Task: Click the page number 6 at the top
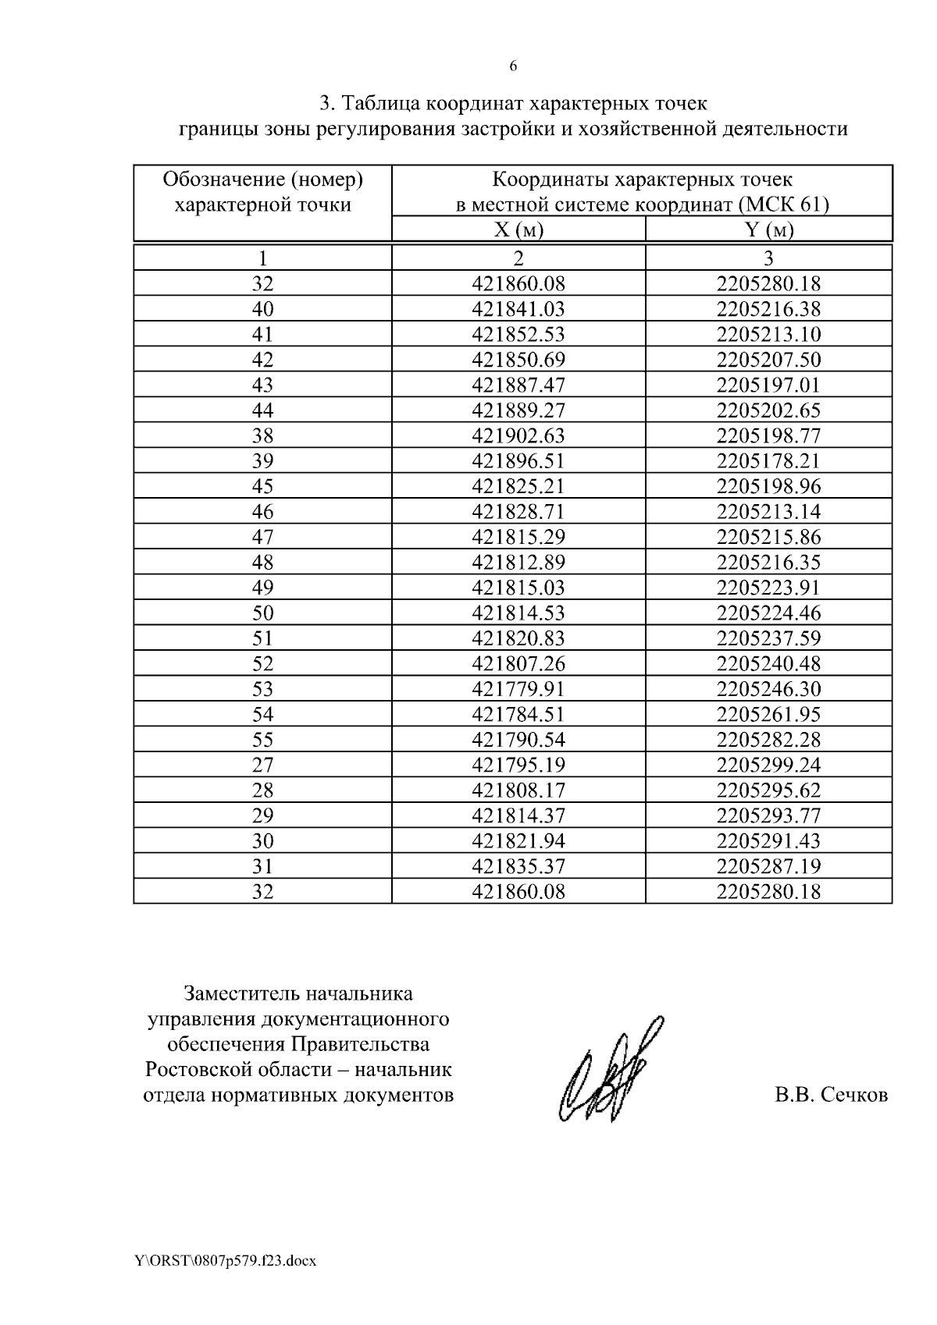click(x=513, y=66)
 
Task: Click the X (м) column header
click(x=518, y=230)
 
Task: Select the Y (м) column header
click(x=768, y=230)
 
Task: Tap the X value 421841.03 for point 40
click(x=518, y=309)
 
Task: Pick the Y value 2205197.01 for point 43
click(x=768, y=385)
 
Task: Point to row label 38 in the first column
click(x=263, y=435)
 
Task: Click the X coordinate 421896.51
click(x=518, y=460)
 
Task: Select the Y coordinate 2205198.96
click(x=768, y=486)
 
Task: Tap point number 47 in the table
click(x=263, y=537)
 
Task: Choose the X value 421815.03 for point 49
click(x=518, y=588)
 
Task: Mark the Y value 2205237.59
click(x=768, y=638)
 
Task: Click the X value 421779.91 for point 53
click(x=518, y=689)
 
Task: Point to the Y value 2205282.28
click(x=768, y=740)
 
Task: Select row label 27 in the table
click(x=263, y=765)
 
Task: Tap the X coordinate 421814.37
click(x=518, y=815)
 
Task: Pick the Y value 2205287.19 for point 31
click(x=768, y=866)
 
